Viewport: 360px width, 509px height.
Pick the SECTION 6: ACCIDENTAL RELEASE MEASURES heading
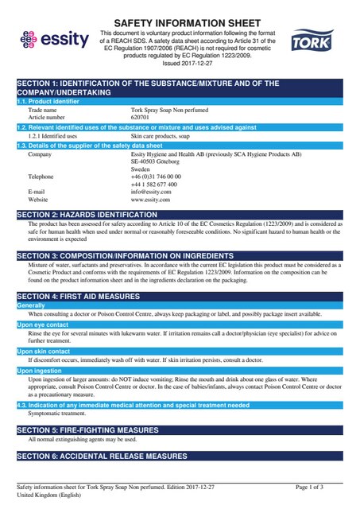[x=102, y=457]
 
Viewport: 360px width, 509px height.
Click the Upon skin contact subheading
[x=43, y=350]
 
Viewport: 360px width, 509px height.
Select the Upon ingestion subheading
[x=39, y=370]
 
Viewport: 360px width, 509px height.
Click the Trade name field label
[x=43, y=110]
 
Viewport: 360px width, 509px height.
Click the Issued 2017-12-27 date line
[x=180, y=64]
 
